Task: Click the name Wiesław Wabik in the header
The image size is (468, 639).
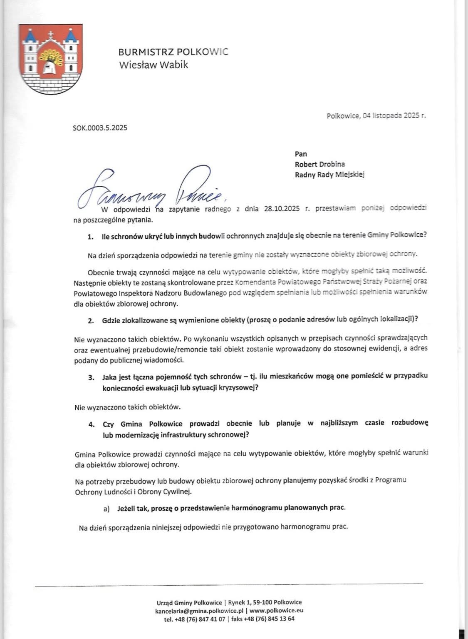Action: [x=154, y=65]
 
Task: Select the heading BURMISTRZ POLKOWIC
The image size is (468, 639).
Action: [x=173, y=52]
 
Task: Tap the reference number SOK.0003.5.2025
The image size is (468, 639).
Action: [x=100, y=128]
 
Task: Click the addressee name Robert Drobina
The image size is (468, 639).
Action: [x=319, y=164]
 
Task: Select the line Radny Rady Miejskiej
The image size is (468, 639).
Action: [x=329, y=175]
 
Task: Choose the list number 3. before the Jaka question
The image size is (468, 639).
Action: [x=91, y=377]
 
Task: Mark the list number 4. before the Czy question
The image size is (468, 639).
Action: [x=91, y=424]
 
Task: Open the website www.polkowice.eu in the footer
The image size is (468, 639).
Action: [x=276, y=611]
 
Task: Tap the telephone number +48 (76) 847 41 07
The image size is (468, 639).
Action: [x=199, y=619]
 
